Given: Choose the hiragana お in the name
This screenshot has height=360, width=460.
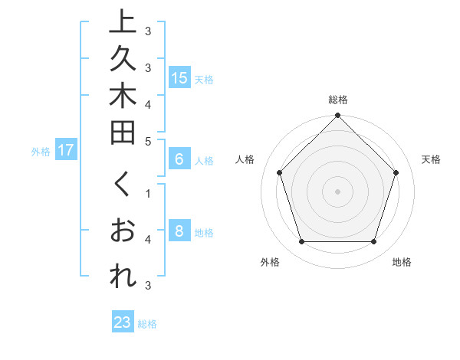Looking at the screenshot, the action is click(121, 231).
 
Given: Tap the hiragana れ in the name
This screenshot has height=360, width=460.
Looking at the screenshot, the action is click(121, 277).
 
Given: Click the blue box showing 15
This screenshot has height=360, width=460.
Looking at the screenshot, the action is click(179, 77).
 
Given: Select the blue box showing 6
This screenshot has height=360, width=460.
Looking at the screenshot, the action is click(179, 159).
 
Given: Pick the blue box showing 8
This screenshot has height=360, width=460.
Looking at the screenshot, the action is click(179, 231).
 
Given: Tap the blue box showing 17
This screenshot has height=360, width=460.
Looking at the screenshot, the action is click(66, 150).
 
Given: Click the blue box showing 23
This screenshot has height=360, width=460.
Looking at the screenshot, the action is click(123, 322).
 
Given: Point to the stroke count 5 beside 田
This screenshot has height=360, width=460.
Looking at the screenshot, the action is click(148, 141).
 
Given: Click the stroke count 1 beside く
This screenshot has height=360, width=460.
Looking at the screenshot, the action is click(148, 193).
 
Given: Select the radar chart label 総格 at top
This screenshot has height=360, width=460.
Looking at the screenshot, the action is click(337, 100).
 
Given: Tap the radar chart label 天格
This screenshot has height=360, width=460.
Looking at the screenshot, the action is click(431, 159).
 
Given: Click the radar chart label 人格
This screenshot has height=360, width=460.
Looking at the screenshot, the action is click(245, 159).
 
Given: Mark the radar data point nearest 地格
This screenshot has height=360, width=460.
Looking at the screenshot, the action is click(373, 241).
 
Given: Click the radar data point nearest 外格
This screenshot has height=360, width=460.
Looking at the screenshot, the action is click(301, 241).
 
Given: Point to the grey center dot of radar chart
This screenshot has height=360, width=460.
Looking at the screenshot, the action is click(337, 191).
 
